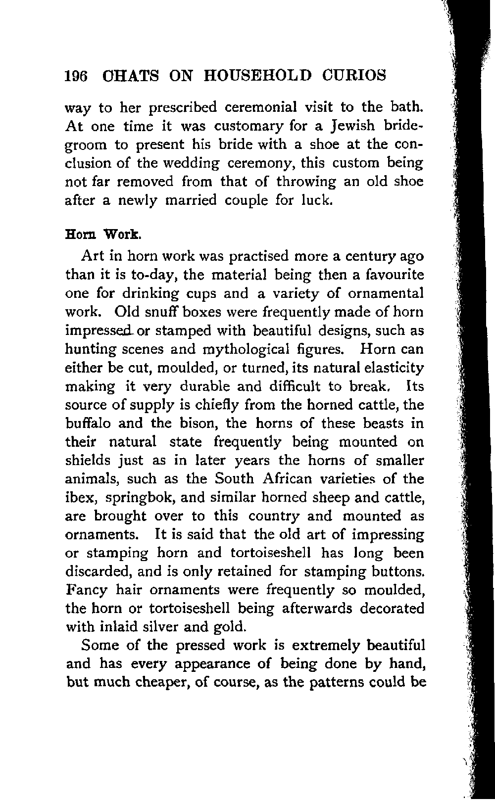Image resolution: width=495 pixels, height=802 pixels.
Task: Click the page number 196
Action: (76, 76)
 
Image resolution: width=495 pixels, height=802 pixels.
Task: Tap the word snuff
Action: (175, 313)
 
